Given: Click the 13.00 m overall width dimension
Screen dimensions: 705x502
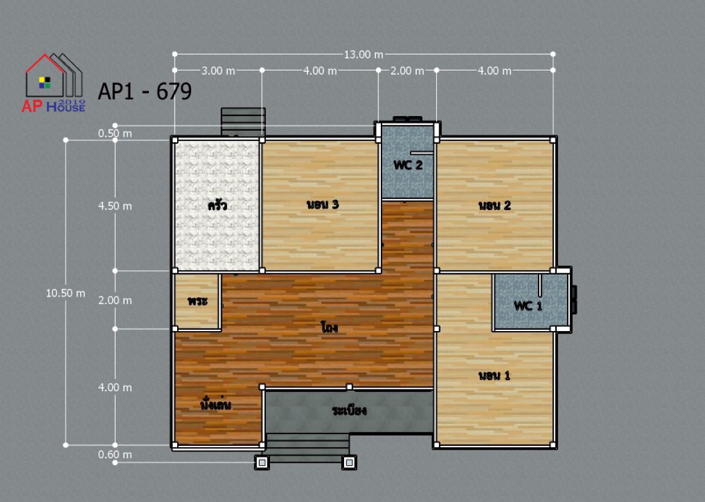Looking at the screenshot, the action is [363, 55].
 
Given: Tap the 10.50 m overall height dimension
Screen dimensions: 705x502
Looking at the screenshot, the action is [66, 293].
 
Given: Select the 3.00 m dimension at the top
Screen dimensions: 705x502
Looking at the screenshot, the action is [218, 71].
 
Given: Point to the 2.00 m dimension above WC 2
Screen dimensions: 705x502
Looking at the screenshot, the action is [407, 71].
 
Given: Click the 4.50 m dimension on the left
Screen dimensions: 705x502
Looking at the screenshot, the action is [115, 206].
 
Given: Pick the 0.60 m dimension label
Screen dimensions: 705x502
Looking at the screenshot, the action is [115, 454].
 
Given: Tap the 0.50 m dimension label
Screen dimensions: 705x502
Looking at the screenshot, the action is [115, 134].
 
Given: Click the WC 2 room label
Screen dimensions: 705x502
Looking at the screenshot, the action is [408, 165].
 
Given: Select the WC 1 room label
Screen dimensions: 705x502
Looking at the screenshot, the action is [528, 306].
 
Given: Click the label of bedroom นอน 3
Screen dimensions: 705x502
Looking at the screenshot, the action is [322, 205].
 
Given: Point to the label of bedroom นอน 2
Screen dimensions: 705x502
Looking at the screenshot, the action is [495, 206].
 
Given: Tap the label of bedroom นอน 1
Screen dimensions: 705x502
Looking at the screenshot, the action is [494, 376].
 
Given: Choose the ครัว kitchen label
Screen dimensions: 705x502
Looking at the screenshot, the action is [217, 205].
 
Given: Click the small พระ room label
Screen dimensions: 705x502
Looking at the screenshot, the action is [198, 301].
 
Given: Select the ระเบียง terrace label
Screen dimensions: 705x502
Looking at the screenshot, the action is [349, 411].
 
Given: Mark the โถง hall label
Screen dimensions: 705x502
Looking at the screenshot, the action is [330, 327].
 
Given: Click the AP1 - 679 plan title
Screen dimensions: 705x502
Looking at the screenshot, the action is [145, 91].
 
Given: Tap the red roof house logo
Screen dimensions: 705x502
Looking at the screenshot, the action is [54, 82].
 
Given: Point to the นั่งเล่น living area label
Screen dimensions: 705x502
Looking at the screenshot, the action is [216, 404].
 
